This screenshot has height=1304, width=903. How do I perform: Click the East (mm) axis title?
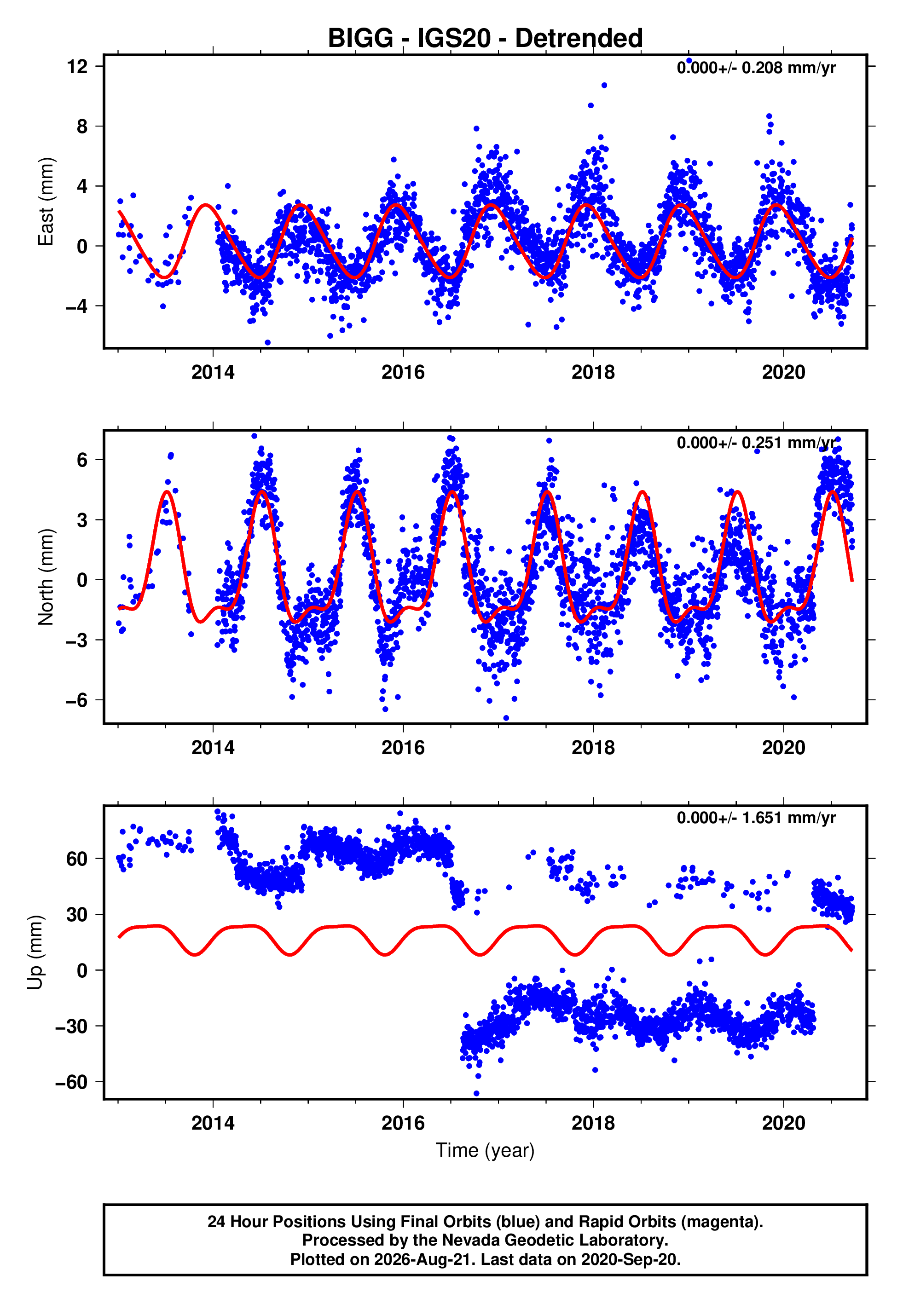(46, 202)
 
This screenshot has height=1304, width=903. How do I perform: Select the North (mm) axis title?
(46, 577)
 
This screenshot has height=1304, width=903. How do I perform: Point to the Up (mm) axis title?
(35, 952)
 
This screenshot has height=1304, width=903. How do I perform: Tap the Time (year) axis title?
(485, 1151)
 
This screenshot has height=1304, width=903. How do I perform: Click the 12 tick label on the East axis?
(77, 67)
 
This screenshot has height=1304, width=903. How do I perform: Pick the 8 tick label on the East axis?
(82, 126)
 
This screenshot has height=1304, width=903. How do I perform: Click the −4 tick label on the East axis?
(77, 306)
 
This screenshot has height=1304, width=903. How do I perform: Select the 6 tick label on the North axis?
(82, 460)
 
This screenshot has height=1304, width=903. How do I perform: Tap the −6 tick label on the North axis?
(77, 700)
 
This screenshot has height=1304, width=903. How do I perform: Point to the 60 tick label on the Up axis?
(77, 859)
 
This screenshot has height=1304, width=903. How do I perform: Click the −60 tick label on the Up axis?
(72, 1082)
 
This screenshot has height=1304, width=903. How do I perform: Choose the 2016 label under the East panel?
(403, 372)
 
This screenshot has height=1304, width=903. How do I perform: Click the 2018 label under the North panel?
(593, 748)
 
